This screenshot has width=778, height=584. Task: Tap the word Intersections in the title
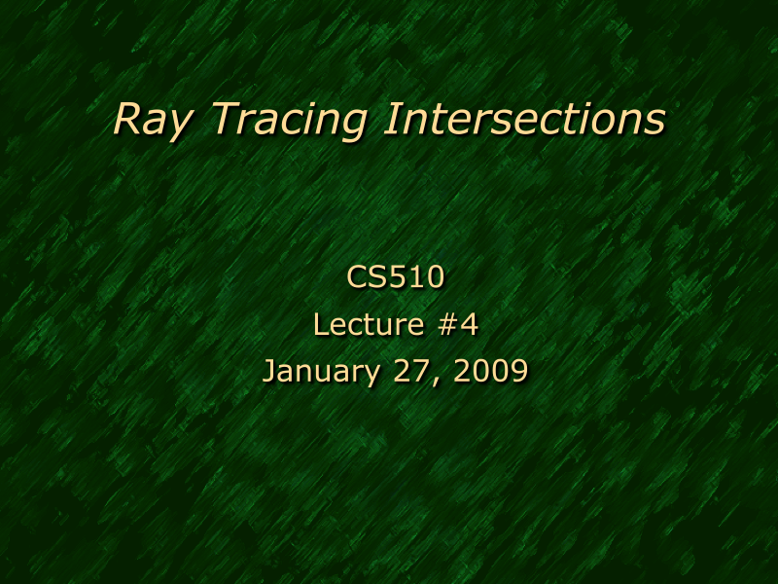525,119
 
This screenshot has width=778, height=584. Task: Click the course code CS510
395,277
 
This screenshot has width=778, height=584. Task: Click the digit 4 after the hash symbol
469,324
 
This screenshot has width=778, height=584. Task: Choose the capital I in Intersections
391,119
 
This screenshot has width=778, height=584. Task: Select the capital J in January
270,371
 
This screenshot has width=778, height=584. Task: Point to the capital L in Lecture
320,324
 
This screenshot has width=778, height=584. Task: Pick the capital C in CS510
356,277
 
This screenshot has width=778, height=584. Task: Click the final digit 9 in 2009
519,371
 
